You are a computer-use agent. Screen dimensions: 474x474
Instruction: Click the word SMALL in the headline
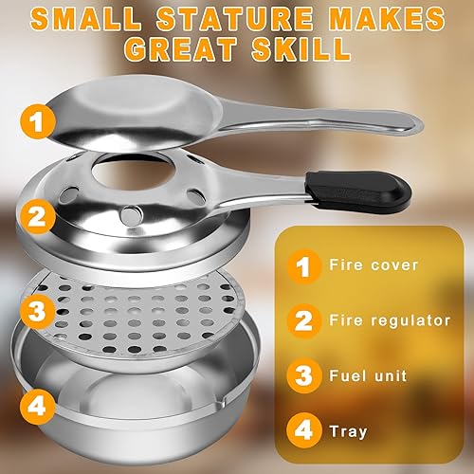[86, 18]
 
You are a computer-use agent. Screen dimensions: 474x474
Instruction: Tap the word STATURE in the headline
[235, 18]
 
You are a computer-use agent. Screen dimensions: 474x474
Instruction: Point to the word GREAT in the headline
[180, 49]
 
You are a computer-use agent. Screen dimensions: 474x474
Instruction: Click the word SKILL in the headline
[301, 49]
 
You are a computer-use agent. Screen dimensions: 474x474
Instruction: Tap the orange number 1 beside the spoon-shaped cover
[38, 121]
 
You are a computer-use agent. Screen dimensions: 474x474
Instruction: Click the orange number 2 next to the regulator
[38, 216]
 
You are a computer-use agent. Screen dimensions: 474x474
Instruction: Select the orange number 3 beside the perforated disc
[37, 311]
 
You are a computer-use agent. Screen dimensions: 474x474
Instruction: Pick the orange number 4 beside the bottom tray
[37, 406]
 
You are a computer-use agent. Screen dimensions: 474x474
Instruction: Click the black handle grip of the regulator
[358, 191]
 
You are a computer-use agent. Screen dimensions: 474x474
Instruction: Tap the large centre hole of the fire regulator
[134, 173]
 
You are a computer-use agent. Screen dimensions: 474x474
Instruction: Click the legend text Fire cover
[374, 264]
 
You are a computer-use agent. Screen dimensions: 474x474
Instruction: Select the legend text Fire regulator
[390, 320]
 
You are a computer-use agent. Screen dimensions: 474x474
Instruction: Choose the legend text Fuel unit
[368, 376]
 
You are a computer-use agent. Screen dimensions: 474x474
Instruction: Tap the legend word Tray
[348, 431]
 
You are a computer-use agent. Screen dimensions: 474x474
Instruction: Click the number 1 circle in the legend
[304, 266]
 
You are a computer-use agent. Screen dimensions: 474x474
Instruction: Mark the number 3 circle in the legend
[304, 376]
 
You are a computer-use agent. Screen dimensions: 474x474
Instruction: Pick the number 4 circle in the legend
[304, 430]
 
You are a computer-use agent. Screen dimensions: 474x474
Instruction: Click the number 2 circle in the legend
[304, 321]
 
